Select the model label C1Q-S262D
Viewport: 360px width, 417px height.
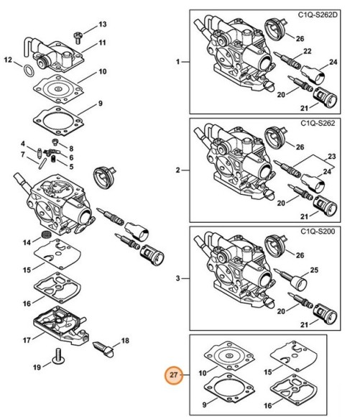click(x=326, y=14)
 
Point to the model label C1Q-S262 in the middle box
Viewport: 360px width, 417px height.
click(x=328, y=124)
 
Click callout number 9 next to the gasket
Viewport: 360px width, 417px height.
click(x=100, y=103)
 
